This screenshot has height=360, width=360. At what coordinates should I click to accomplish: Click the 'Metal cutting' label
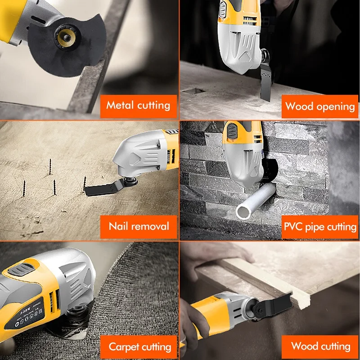(139, 106)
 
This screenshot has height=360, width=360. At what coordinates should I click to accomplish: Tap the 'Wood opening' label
(320, 107)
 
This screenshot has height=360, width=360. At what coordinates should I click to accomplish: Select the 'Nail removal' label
(139, 227)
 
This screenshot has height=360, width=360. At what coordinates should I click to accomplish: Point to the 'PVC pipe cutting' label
(320, 227)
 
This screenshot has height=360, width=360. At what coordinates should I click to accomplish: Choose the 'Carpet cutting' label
(139, 347)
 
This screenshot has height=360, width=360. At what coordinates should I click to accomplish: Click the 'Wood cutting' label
(320, 346)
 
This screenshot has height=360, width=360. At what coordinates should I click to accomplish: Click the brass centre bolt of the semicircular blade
(66, 38)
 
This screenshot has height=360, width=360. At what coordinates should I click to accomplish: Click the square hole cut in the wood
(193, 90)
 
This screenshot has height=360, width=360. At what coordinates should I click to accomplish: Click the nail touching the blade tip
(84, 183)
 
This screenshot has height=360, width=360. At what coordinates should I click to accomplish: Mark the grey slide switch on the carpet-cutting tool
(20, 269)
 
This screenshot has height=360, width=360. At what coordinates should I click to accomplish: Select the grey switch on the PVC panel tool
(231, 130)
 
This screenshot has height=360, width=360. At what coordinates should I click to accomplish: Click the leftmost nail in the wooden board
(24, 188)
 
